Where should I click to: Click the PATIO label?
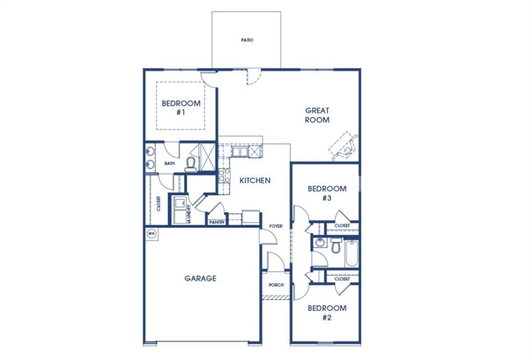[x=247, y=40]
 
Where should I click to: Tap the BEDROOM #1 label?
[x=180, y=108]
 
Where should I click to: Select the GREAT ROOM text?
[x=317, y=115]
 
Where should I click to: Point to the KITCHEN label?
[x=255, y=181]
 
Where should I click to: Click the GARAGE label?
[x=200, y=278]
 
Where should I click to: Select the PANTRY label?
[x=216, y=222]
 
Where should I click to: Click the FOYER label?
[x=275, y=226]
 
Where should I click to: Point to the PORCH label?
[x=275, y=285]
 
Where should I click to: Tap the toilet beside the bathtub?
[x=336, y=245]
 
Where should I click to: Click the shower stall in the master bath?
[x=207, y=155]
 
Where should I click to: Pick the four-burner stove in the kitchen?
[x=224, y=176]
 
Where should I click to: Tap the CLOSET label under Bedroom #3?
[x=342, y=226]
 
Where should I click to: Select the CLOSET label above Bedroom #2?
[x=342, y=279]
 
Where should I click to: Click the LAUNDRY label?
[x=189, y=214]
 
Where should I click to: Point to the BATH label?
[x=169, y=164]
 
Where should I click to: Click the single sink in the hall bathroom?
[x=320, y=243]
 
